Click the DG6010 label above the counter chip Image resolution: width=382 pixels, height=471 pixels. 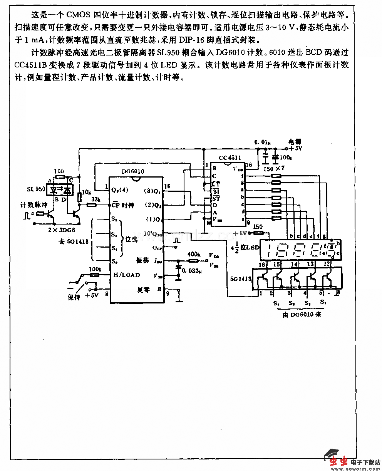132,171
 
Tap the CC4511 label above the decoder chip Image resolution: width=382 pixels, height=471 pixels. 230,158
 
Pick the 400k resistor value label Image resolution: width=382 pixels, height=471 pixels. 193,255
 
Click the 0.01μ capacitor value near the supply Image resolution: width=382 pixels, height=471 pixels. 262,142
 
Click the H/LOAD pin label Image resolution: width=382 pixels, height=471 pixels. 126,275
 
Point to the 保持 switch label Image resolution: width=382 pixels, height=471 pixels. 74,297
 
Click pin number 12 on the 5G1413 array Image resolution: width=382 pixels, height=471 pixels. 327,264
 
